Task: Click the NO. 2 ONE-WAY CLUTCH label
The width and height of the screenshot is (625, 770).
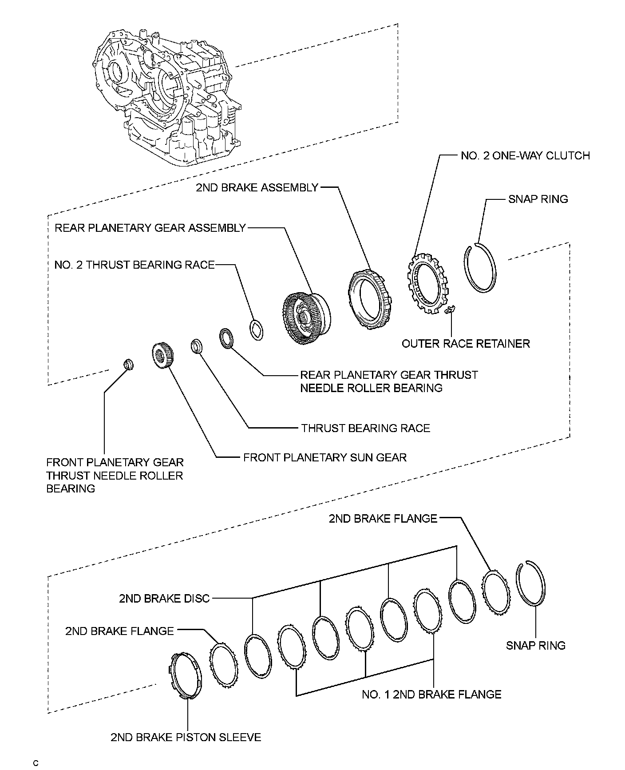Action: click(525, 156)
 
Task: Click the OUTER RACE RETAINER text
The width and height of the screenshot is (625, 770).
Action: click(466, 344)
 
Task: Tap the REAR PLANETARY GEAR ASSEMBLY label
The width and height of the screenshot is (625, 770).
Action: click(150, 228)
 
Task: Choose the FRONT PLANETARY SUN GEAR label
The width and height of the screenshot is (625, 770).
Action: click(325, 457)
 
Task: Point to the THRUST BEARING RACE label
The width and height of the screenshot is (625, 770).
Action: click(365, 429)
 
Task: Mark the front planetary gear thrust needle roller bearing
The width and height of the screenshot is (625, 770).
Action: click(128, 364)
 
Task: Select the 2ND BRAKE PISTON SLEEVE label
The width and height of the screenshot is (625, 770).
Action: click(186, 738)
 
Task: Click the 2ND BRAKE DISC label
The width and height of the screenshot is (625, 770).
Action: click(164, 599)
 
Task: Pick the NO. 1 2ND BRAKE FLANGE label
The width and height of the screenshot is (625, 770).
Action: click(431, 695)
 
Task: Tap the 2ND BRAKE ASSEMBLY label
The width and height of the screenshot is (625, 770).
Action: click(257, 188)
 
